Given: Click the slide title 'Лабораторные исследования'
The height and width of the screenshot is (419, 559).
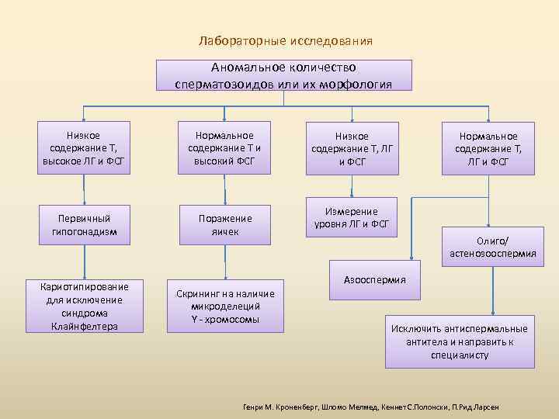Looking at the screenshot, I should tap(285, 40).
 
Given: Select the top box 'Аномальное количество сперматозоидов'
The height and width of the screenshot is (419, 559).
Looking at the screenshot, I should tap(284, 76).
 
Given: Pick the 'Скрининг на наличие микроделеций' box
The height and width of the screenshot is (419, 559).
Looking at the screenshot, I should tap(225, 306).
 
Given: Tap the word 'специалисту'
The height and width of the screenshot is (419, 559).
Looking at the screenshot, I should tap(460, 355).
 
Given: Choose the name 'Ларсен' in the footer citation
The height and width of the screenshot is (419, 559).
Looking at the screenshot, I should tap(486, 407).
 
